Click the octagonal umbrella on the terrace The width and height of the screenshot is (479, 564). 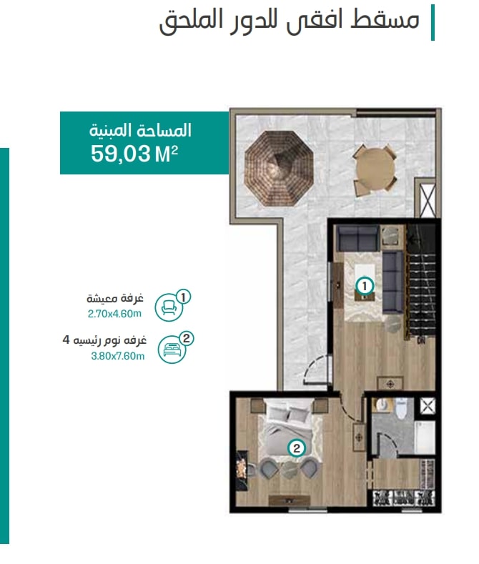point(279,168)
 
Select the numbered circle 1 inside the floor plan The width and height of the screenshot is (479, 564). point(365,287)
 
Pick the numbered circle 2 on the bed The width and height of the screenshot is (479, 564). point(296,448)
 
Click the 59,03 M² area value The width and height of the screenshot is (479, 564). point(134,154)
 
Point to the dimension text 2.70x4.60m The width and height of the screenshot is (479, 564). point(114,314)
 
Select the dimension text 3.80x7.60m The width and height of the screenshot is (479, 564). point(117,356)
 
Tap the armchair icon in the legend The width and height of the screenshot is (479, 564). point(168,307)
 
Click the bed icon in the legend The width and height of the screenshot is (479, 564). point(172,350)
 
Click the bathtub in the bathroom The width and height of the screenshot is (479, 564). point(425,437)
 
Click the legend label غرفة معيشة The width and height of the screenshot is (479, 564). point(115,299)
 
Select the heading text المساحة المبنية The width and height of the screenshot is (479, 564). point(140,130)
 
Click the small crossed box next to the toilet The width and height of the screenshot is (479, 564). point(428,407)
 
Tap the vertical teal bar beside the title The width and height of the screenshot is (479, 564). point(433,22)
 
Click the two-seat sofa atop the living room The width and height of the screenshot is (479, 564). point(357,238)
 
